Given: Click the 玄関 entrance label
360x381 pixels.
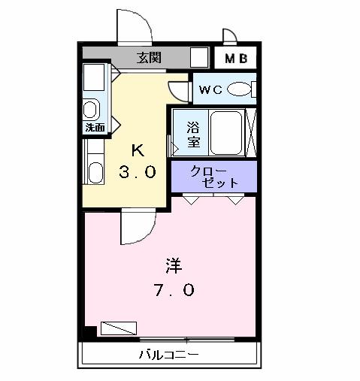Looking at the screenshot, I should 149,57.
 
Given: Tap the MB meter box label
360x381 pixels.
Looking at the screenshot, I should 237,58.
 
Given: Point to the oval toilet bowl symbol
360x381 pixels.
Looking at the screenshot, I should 239,89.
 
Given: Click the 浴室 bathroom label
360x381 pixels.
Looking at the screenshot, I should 193,132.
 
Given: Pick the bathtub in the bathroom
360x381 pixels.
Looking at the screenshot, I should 225,132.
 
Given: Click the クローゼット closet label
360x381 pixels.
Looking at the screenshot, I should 214,176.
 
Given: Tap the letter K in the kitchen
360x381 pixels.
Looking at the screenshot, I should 137,148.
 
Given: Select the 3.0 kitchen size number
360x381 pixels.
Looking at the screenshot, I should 137,172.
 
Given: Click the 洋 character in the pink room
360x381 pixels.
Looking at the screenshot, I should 174,265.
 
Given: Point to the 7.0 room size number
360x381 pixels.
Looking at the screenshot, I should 175,289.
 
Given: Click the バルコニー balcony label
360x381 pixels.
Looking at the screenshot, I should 168,354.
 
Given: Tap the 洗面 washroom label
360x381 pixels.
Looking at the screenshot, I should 95,128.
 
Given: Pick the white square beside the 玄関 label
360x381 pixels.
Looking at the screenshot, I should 198,58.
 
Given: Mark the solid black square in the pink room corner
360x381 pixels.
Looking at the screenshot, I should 90,331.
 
